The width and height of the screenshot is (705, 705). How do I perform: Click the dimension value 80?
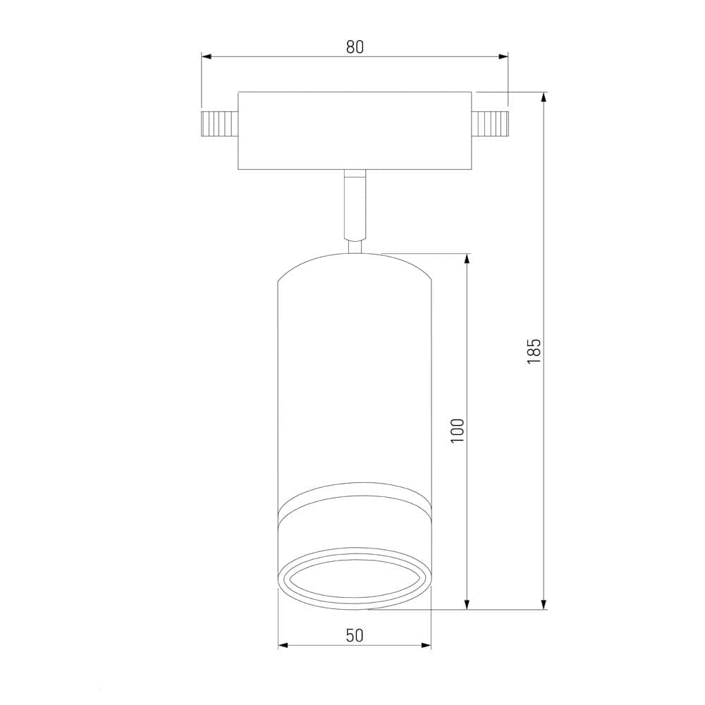coord(355,47)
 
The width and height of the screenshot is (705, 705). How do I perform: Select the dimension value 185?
coord(534,350)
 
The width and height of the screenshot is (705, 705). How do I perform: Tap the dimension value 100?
coord(458,430)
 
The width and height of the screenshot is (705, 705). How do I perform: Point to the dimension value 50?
coord(355,635)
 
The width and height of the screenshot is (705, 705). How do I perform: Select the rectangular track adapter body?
coord(355,130)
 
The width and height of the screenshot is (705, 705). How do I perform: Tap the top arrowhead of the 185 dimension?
coord(544,97)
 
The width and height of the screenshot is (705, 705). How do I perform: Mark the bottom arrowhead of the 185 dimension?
coord(544,603)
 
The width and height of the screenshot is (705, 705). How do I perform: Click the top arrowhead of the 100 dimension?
coord(467,258)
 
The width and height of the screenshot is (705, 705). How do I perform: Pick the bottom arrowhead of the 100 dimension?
coord(467,603)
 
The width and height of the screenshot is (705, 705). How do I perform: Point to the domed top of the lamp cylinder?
coord(355,264)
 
